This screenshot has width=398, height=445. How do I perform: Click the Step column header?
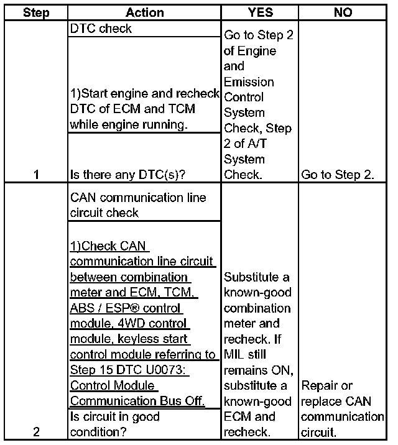(36, 12)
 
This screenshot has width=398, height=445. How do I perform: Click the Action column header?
(144, 12)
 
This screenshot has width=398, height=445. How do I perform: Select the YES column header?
(259, 12)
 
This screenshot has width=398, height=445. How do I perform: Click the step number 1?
(36, 175)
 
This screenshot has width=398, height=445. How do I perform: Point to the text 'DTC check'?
(101, 29)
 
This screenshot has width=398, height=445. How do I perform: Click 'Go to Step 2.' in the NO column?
(337, 175)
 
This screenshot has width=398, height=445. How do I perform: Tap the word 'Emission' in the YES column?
(249, 81)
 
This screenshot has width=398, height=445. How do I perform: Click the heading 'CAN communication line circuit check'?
(138, 205)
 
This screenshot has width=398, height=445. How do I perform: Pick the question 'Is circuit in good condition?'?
(115, 424)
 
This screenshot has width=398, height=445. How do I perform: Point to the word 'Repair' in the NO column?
(318, 385)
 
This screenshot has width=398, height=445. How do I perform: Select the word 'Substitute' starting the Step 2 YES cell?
(251, 277)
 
